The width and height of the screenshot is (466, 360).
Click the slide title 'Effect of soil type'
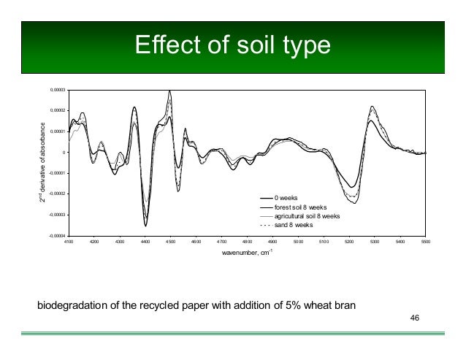tap(233, 46)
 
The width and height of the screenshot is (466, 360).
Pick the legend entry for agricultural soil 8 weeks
tap(307, 216)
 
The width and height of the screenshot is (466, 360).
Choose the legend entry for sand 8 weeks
tap(293, 225)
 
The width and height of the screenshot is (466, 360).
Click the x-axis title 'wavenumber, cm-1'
tap(246, 253)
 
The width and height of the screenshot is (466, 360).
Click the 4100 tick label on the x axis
tap(69, 241)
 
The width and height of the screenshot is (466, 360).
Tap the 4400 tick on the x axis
tap(145, 241)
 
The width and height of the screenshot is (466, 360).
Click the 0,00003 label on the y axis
tap(57, 90)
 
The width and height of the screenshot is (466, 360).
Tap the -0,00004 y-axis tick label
tap(56, 236)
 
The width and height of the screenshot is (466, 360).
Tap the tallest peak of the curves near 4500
tap(169, 91)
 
